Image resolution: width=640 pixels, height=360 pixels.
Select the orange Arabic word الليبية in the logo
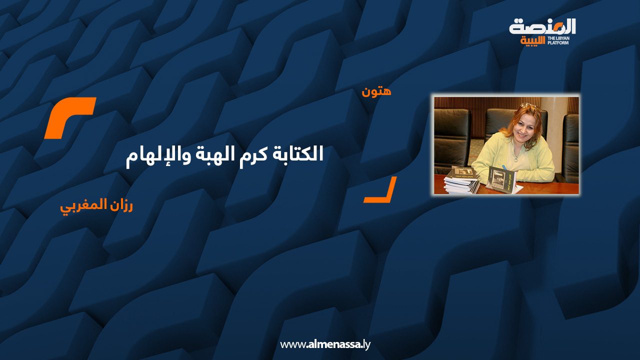pyautogui.click(x=533, y=41)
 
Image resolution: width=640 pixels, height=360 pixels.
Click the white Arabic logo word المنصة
pyautogui.click(x=542, y=26)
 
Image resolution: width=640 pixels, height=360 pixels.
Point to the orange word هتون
pyautogui.click(x=376, y=91)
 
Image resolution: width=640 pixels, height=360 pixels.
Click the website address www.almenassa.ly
pyautogui.click(x=325, y=344)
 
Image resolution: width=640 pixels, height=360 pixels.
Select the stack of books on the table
pyautogui.click(x=461, y=180)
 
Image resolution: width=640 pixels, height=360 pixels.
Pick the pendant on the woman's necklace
pyautogui.click(x=516, y=158)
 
